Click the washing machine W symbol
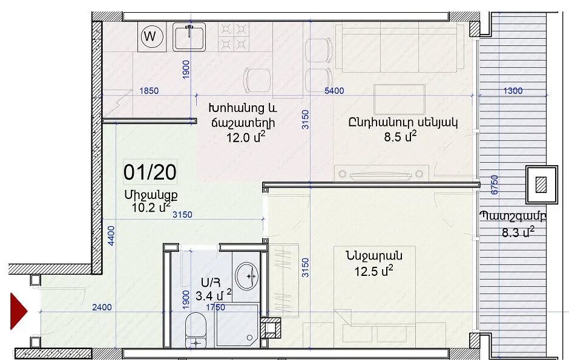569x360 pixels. click(x=152, y=36)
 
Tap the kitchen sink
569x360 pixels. click(x=189, y=37)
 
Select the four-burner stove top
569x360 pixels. click(x=234, y=37)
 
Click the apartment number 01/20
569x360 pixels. click(x=150, y=172)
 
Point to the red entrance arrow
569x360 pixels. click(x=19, y=311)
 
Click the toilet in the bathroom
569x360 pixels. click(x=196, y=330)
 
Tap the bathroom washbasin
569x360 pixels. click(x=246, y=277)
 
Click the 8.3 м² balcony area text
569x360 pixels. click(x=518, y=232)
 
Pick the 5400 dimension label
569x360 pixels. click(x=334, y=91)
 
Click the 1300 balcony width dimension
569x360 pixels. click(x=512, y=91)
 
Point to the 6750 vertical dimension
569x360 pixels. click(x=494, y=185)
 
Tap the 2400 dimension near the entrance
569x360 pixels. click(x=102, y=307)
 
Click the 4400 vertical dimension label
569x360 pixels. click(x=111, y=235)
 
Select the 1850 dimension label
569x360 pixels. click(x=149, y=91)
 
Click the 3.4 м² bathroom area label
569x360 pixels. click(x=213, y=295)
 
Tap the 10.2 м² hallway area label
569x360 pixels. click(x=151, y=208)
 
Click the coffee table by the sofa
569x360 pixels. click(x=399, y=100)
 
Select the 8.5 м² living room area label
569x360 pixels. click(x=400, y=137)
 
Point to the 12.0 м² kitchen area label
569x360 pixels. click(x=246, y=137)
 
